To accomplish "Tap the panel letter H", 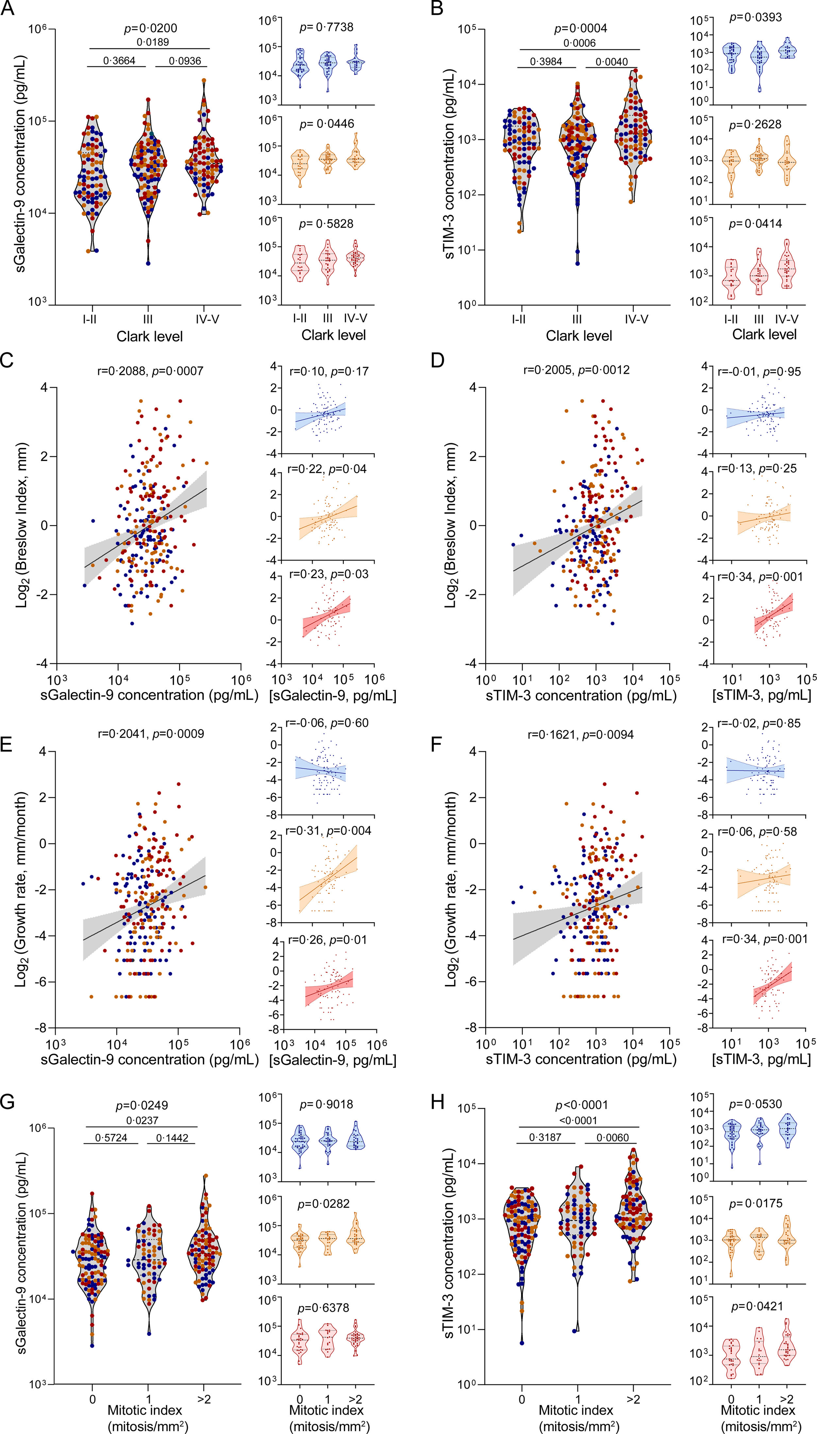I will [x=438, y=1102].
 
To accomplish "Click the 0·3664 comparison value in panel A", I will [x=119, y=60].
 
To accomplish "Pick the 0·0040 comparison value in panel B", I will [x=612, y=62].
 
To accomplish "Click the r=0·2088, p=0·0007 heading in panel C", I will [x=150, y=371].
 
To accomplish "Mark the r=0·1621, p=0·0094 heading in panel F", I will [x=581, y=734].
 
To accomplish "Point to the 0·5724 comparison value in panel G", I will [x=111, y=1138].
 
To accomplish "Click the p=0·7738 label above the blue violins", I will [x=326, y=27].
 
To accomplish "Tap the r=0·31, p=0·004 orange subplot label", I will [x=328, y=831].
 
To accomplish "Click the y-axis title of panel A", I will [x=21, y=163].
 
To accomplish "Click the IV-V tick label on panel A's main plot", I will [x=207, y=319].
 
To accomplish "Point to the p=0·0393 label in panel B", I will [x=755, y=17].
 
